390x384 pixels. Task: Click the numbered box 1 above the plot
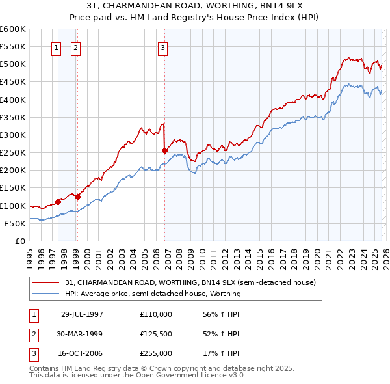point(56,47)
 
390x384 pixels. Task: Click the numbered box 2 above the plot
point(75,47)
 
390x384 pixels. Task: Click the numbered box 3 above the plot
point(162,47)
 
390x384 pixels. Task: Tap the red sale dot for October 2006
point(164,150)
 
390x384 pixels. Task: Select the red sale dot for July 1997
point(58,202)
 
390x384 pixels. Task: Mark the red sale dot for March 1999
point(77,196)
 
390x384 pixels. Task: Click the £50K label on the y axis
point(16,223)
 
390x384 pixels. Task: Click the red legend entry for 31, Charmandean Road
point(190,283)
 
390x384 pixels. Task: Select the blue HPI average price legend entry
point(153,294)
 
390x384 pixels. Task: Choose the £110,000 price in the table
point(156,314)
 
